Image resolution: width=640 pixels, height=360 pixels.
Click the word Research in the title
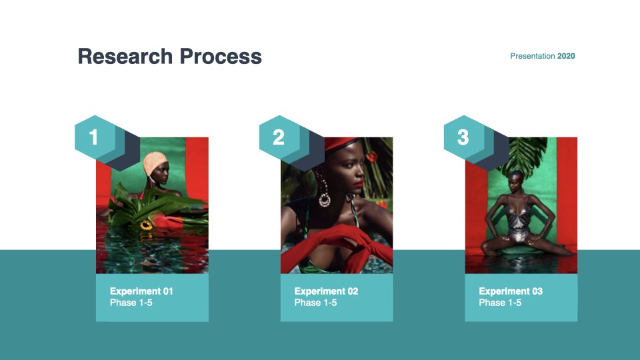[x=125, y=56]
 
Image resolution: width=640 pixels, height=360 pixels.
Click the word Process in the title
[x=221, y=56]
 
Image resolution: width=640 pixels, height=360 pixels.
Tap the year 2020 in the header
[x=566, y=56]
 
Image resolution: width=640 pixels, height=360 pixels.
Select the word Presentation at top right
[x=532, y=56]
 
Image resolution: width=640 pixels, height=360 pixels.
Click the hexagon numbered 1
[x=95, y=137]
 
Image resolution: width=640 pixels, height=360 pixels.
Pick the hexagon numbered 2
[x=279, y=137]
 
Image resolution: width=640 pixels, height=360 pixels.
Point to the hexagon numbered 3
[x=464, y=137]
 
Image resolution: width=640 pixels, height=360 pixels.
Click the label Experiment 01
[x=141, y=291]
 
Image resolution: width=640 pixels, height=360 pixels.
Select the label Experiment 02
[x=326, y=291]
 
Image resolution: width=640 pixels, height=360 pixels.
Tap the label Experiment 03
[x=511, y=291]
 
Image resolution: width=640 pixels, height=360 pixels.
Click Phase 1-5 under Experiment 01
[x=131, y=303]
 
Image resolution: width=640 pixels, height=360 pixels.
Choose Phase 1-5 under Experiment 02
[x=315, y=303]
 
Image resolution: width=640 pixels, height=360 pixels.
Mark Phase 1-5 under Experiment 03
[x=500, y=303]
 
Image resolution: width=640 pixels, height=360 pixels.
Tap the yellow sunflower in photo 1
[x=146, y=225]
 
